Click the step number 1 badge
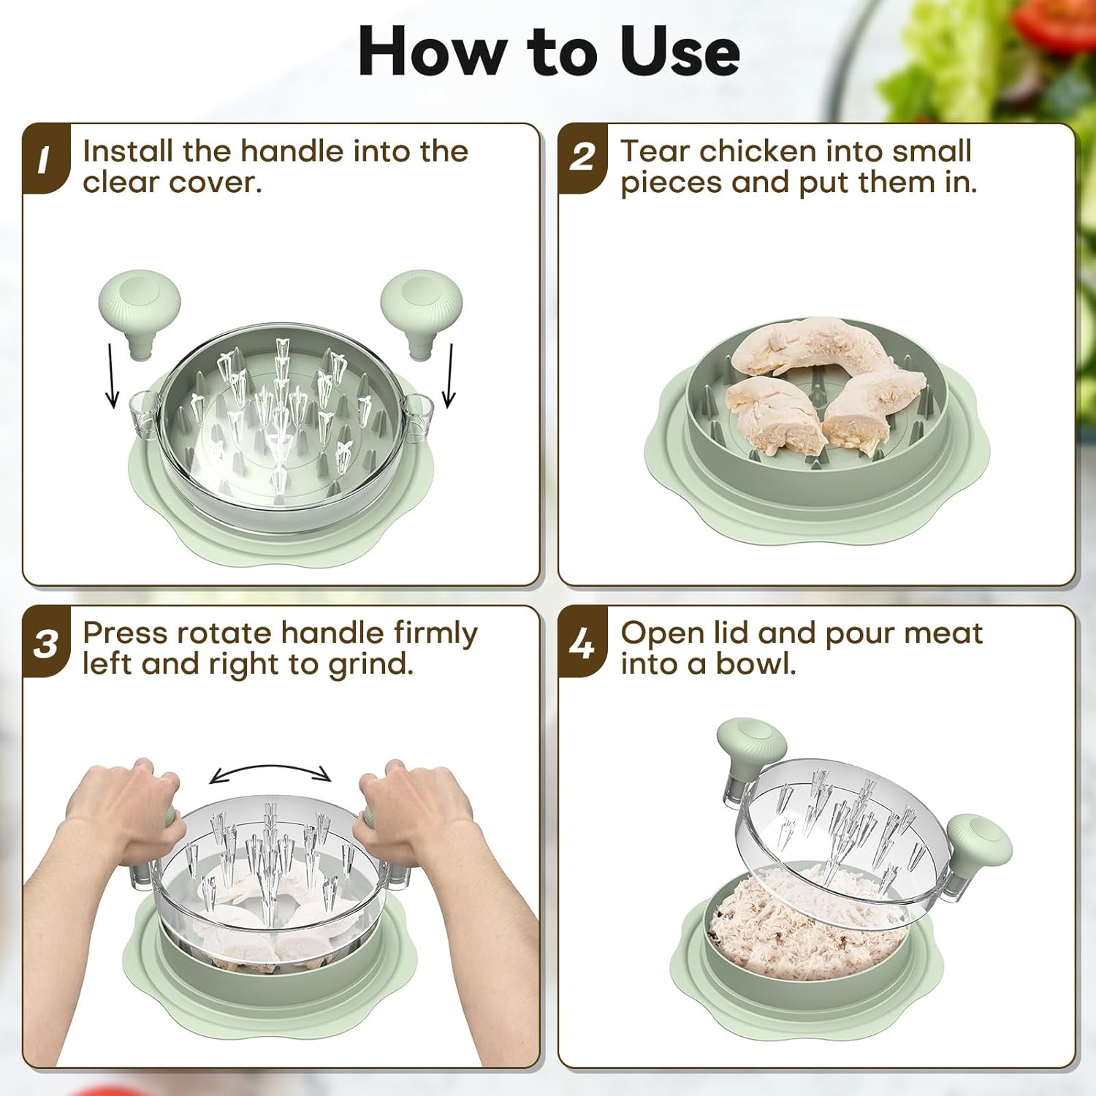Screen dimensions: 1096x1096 (45, 159)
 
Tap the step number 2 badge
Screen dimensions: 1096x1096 (582, 159)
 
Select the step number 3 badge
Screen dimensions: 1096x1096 (45, 643)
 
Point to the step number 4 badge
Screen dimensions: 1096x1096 (582, 643)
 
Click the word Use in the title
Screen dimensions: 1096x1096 (680, 51)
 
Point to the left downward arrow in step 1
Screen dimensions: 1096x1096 (111, 376)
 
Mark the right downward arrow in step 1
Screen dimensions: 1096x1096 (449, 376)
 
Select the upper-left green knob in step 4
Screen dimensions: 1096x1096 (750, 749)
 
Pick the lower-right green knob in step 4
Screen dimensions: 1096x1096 (979, 848)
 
